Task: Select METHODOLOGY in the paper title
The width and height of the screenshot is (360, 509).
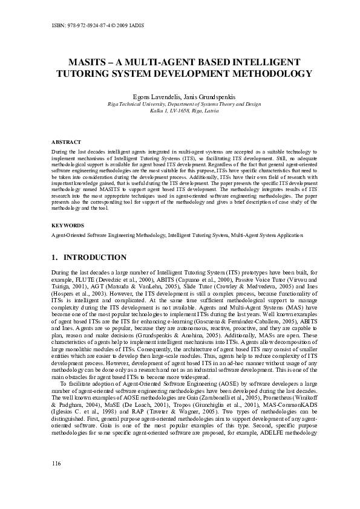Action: [264, 74]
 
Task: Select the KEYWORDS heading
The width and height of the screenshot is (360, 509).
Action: [67, 225]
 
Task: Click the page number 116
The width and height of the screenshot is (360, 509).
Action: [57, 479]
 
